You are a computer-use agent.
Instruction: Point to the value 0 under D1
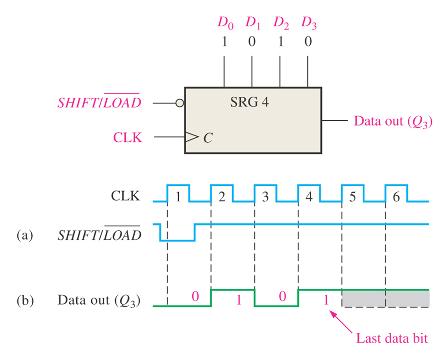coord(252,42)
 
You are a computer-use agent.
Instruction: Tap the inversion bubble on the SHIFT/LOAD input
coord(180,103)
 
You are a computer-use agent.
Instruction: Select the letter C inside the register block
coord(206,138)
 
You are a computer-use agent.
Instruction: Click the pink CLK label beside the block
coord(127,137)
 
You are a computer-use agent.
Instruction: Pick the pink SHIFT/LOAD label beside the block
coord(99,103)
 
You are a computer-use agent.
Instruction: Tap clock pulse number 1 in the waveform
coord(178,197)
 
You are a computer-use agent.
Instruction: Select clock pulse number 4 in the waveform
coord(309,197)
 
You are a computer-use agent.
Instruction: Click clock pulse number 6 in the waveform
coord(396,197)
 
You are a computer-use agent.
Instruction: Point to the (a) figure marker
coord(25,235)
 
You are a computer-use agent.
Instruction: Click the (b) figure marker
coord(25,300)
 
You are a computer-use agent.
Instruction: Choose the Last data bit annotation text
coord(392,338)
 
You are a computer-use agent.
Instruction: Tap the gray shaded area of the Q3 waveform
coord(385,299)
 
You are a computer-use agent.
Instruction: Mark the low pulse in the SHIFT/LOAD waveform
coord(177,239)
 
